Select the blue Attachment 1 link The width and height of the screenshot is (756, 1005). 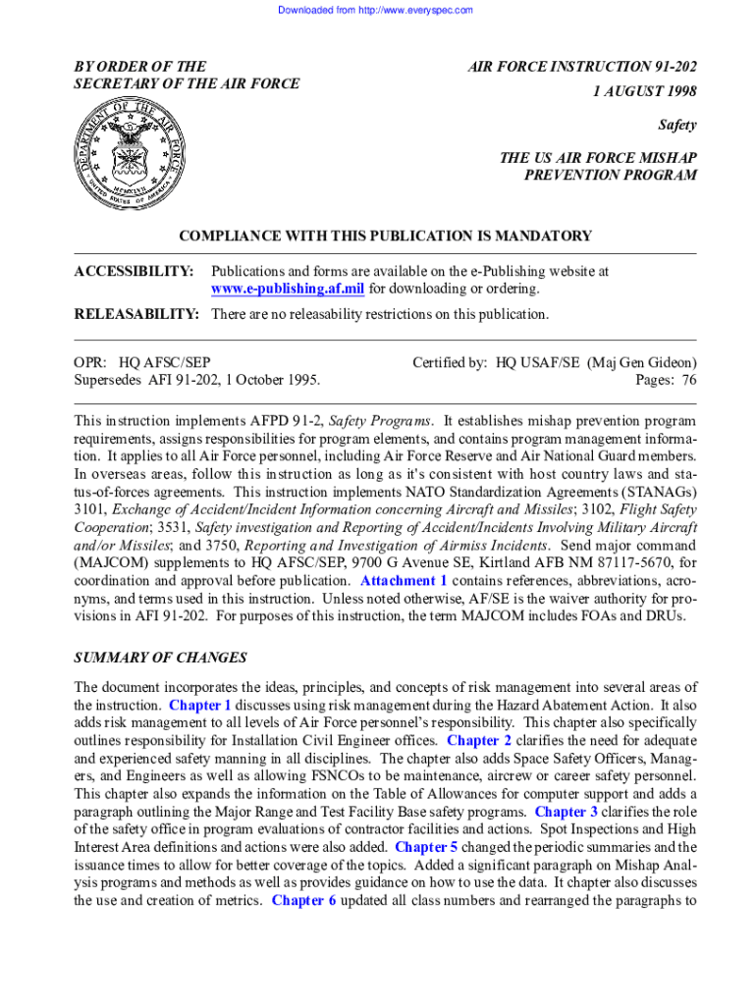click(x=405, y=581)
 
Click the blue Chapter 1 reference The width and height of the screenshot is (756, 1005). click(x=200, y=705)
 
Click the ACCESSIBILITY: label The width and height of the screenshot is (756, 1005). click(x=134, y=270)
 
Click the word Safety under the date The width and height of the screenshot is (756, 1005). click(x=676, y=125)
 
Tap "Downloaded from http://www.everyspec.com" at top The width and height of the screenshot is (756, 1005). click(x=376, y=10)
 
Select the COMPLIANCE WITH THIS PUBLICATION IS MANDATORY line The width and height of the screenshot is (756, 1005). click(x=385, y=236)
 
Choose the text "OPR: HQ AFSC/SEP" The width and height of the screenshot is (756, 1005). click(x=141, y=362)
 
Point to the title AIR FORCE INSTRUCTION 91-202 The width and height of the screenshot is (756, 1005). click(x=582, y=67)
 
